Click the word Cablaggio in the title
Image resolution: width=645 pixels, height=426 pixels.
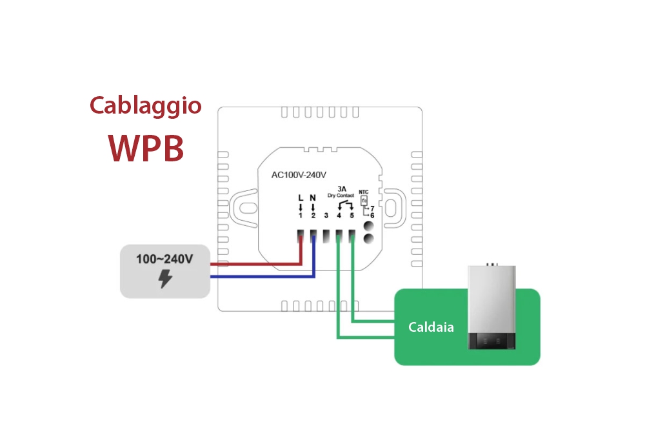(x=145, y=106)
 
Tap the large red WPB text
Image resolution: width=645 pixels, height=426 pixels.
(x=146, y=148)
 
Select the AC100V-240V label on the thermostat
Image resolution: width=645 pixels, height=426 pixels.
(x=299, y=174)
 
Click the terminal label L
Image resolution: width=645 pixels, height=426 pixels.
(x=300, y=198)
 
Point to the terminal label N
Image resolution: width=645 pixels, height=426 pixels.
(x=313, y=198)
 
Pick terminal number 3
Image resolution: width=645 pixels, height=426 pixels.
(x=326, y=216)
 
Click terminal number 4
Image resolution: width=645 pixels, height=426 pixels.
(x=339, y=216)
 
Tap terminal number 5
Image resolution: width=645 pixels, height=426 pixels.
(x=352, y=216)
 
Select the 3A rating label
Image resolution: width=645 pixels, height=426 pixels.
(x=342, y=188)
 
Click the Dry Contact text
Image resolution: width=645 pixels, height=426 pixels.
(x=342, y=195)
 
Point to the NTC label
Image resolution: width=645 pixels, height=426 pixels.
(x=364, y=192)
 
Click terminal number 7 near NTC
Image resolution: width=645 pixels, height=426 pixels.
(x=372, y=208)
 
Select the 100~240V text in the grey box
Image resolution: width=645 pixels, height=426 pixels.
(x=164, y=259)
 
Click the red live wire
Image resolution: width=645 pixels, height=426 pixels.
(x=258, y=264)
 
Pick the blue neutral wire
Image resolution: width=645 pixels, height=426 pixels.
(x=258, y=277)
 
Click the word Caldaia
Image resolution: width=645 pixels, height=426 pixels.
(x=431, y=327)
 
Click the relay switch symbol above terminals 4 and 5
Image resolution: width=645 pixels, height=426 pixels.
(x=345, y=204)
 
